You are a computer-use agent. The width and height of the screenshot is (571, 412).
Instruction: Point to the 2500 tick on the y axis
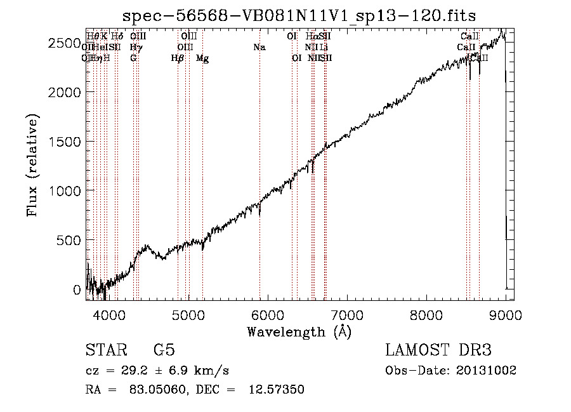66,43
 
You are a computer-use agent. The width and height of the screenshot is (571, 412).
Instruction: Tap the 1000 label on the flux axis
66,191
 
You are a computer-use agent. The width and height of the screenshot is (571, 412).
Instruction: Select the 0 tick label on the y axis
77,289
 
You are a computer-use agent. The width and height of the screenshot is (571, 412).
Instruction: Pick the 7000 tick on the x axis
347,314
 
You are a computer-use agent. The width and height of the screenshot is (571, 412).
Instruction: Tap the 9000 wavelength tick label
506,314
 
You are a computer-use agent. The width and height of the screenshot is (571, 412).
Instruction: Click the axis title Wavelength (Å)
299,331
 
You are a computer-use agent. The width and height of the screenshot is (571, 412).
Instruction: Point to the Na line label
259,48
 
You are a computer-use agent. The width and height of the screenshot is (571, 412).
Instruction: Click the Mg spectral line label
202,58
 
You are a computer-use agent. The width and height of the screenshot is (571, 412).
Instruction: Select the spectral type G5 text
164,351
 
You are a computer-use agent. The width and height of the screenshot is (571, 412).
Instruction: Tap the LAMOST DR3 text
438,351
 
